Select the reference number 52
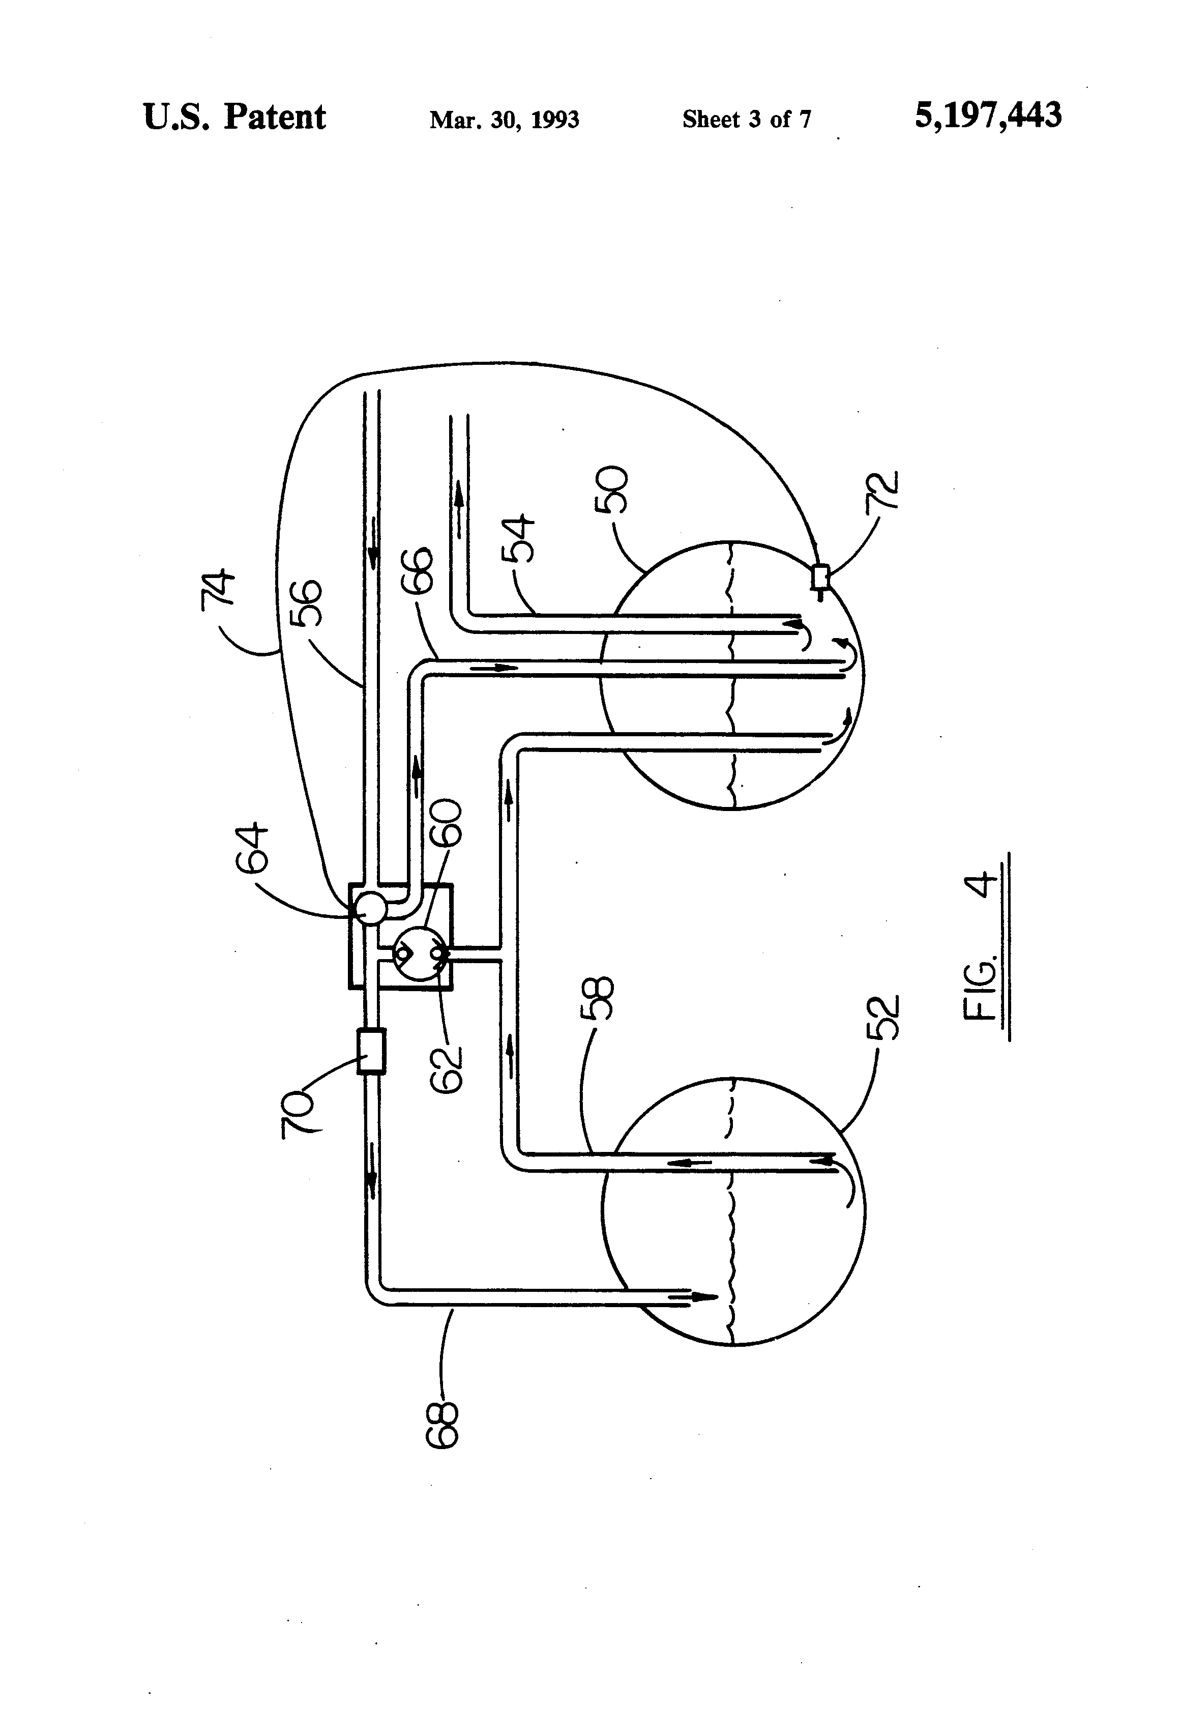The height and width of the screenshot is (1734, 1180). click(884, 1018)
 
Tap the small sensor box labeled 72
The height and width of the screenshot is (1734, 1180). click(820, 576)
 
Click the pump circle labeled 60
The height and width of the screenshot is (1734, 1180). click(419, 953)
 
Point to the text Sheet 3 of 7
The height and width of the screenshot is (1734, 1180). click(746, 120)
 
